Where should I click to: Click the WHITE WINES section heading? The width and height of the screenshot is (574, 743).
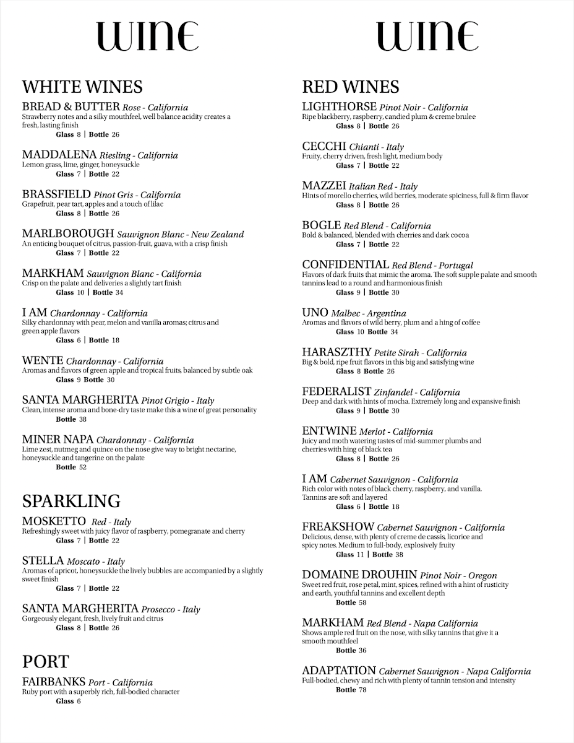[x=82, y=86]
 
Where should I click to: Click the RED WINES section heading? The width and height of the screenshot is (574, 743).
[x=351, y=86]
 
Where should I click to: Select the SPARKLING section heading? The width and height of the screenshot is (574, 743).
[x=71, y=500]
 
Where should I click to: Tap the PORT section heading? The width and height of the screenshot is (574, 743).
[x=45, y=661]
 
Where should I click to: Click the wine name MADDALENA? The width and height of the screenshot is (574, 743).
[x=59, y=155]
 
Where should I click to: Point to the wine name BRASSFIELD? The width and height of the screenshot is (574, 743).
[x=56, y=194]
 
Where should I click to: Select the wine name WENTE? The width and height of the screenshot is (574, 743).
[x=43, y=360]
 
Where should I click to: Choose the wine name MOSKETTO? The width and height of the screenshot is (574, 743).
[x=54, y=521]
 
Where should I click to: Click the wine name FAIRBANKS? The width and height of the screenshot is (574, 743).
[x=54, y=682]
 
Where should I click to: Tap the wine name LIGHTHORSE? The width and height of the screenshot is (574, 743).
[x=339, y=107]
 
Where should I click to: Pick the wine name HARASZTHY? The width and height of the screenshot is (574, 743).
[x=336, y=352]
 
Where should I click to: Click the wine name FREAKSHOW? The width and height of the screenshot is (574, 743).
[x=338, y=528]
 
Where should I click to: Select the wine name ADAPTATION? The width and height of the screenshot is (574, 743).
[x=339, y=671]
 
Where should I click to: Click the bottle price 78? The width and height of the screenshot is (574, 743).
[x=362, y=690]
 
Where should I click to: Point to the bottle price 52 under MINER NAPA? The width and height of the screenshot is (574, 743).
[x=82, y=467]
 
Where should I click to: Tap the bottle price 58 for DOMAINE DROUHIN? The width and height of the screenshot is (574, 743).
[x=362, y=602]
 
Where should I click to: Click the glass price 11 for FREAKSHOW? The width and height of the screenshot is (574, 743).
[x=360, y=555]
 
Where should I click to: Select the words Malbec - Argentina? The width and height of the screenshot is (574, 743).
[x=368, y=313]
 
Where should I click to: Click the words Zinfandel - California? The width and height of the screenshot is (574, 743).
[x=417, y=392]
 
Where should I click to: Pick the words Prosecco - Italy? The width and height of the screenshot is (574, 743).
[x=171, y=609]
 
